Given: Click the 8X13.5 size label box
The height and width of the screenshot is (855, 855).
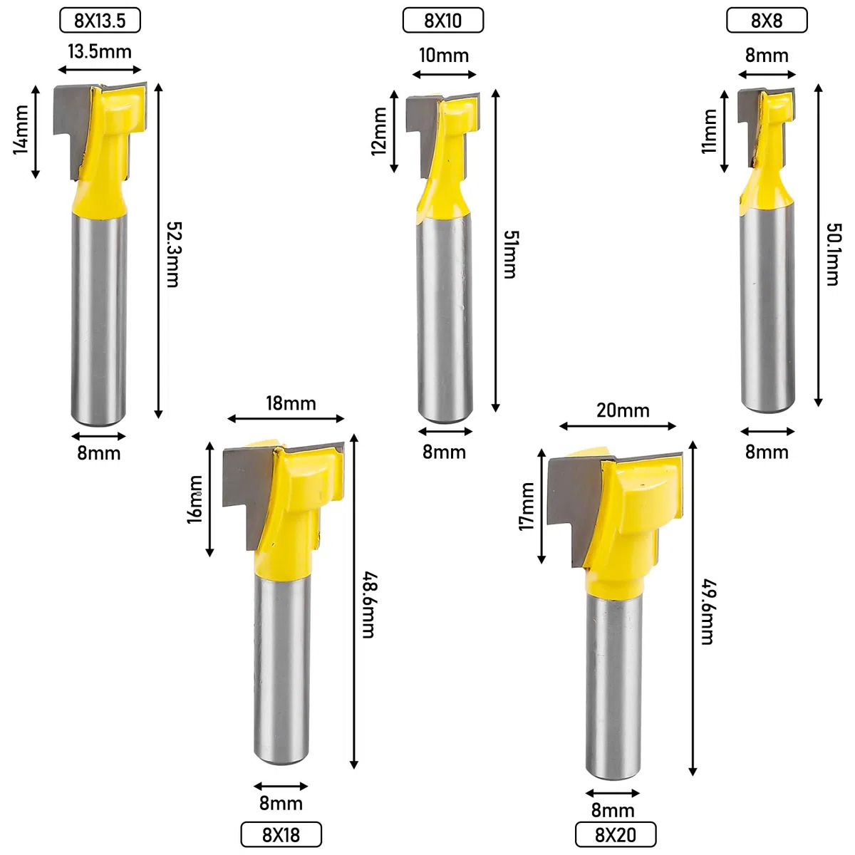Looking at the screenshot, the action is click(x=100, y=21).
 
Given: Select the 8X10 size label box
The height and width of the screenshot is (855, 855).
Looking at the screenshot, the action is click(x=442, y=21).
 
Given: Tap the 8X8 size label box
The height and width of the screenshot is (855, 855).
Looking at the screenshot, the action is click(x=767, y=21).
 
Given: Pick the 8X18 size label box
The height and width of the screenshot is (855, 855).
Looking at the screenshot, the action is click(x=281, y=834).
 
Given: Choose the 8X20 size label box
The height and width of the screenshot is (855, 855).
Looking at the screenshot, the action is click(x=616, y=834).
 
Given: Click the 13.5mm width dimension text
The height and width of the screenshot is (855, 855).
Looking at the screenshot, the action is click(x=100, y=51).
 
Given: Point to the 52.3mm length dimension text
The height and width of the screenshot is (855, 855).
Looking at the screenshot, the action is click(x=174, y=254).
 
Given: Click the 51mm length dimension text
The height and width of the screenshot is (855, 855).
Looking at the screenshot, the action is click(x=511, y=254).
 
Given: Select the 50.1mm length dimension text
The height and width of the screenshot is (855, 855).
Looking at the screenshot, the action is click(x=834, y=254).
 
